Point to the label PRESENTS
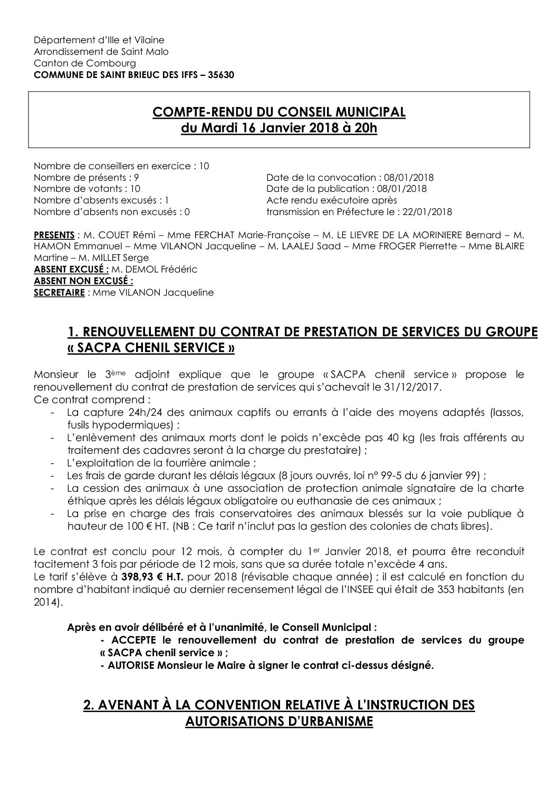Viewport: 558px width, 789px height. click(x=53, y=234)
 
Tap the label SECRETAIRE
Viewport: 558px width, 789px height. click(x=59, y=293)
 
